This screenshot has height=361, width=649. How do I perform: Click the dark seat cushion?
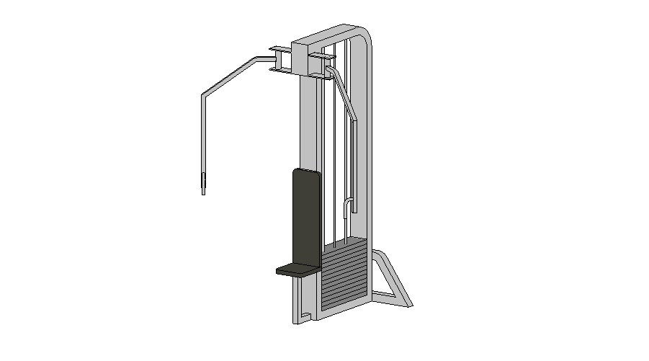(x=296, y=269)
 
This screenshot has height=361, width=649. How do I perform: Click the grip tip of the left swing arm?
(x=204, y=183)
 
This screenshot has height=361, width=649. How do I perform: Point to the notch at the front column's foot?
(x=306, y=316)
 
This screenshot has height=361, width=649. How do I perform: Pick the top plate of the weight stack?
(x=344, y=244)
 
